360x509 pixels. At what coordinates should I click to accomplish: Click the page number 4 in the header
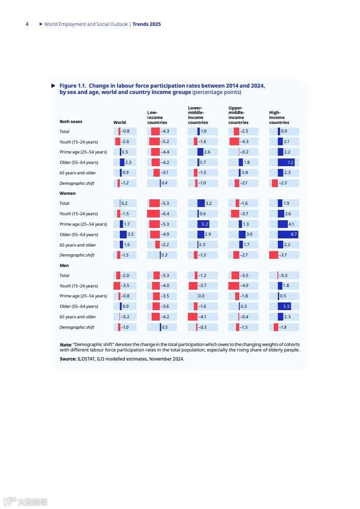27,24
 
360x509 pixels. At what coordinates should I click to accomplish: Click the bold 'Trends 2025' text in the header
146,24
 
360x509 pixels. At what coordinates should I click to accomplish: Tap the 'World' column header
119,122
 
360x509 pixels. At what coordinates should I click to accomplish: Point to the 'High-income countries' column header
279,117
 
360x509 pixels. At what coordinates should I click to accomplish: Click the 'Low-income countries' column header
157,117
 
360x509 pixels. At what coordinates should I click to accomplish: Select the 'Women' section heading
68,193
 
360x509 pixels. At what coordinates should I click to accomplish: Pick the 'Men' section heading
64,265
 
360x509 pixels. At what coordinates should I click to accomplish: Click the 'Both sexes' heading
71,122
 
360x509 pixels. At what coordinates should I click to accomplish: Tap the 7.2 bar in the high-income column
286,162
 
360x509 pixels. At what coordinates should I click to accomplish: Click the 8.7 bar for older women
288,234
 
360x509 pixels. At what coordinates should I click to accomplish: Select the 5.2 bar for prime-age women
203,224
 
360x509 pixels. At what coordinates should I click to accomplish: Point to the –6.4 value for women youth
165,214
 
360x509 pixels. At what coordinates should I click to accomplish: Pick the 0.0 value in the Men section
201,296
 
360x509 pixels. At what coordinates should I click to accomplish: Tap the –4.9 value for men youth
244,286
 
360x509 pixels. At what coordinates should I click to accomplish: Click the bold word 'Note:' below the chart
66,345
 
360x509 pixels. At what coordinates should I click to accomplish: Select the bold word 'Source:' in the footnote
68,359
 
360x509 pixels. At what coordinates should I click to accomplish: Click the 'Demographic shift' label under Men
77,327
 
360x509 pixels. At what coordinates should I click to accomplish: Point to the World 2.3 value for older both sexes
128,162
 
